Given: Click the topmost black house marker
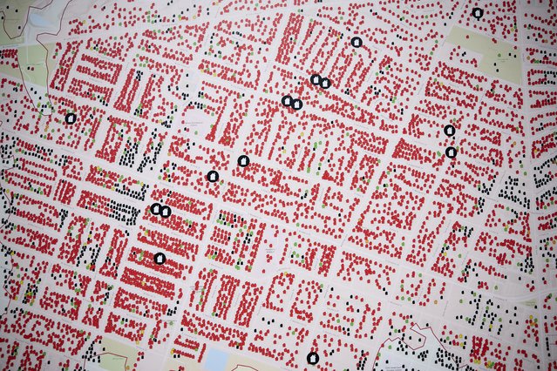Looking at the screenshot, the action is [477, 12].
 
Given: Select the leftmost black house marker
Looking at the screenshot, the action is [71, 118].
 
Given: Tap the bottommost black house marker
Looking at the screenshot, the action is [313, 357].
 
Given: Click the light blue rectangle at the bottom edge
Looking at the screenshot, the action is [214, 360].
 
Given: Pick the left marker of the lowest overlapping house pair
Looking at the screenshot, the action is [156, 209].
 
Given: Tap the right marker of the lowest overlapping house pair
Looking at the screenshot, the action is [164, 210].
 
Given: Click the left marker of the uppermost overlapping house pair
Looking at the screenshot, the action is [316, 79].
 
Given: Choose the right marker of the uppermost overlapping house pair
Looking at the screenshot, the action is [325, 83].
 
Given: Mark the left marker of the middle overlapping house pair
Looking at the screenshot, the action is [287, 101].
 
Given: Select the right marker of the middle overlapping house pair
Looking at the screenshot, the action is [296, 105].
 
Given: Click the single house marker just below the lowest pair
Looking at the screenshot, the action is [160, 258].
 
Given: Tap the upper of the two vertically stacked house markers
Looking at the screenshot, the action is [449, 131].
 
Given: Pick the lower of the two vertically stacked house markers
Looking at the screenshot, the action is [451, 152].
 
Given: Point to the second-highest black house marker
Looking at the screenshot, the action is [357, 42].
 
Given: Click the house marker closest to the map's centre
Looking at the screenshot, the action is [243, 160].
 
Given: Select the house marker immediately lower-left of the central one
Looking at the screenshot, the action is [212, 176].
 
